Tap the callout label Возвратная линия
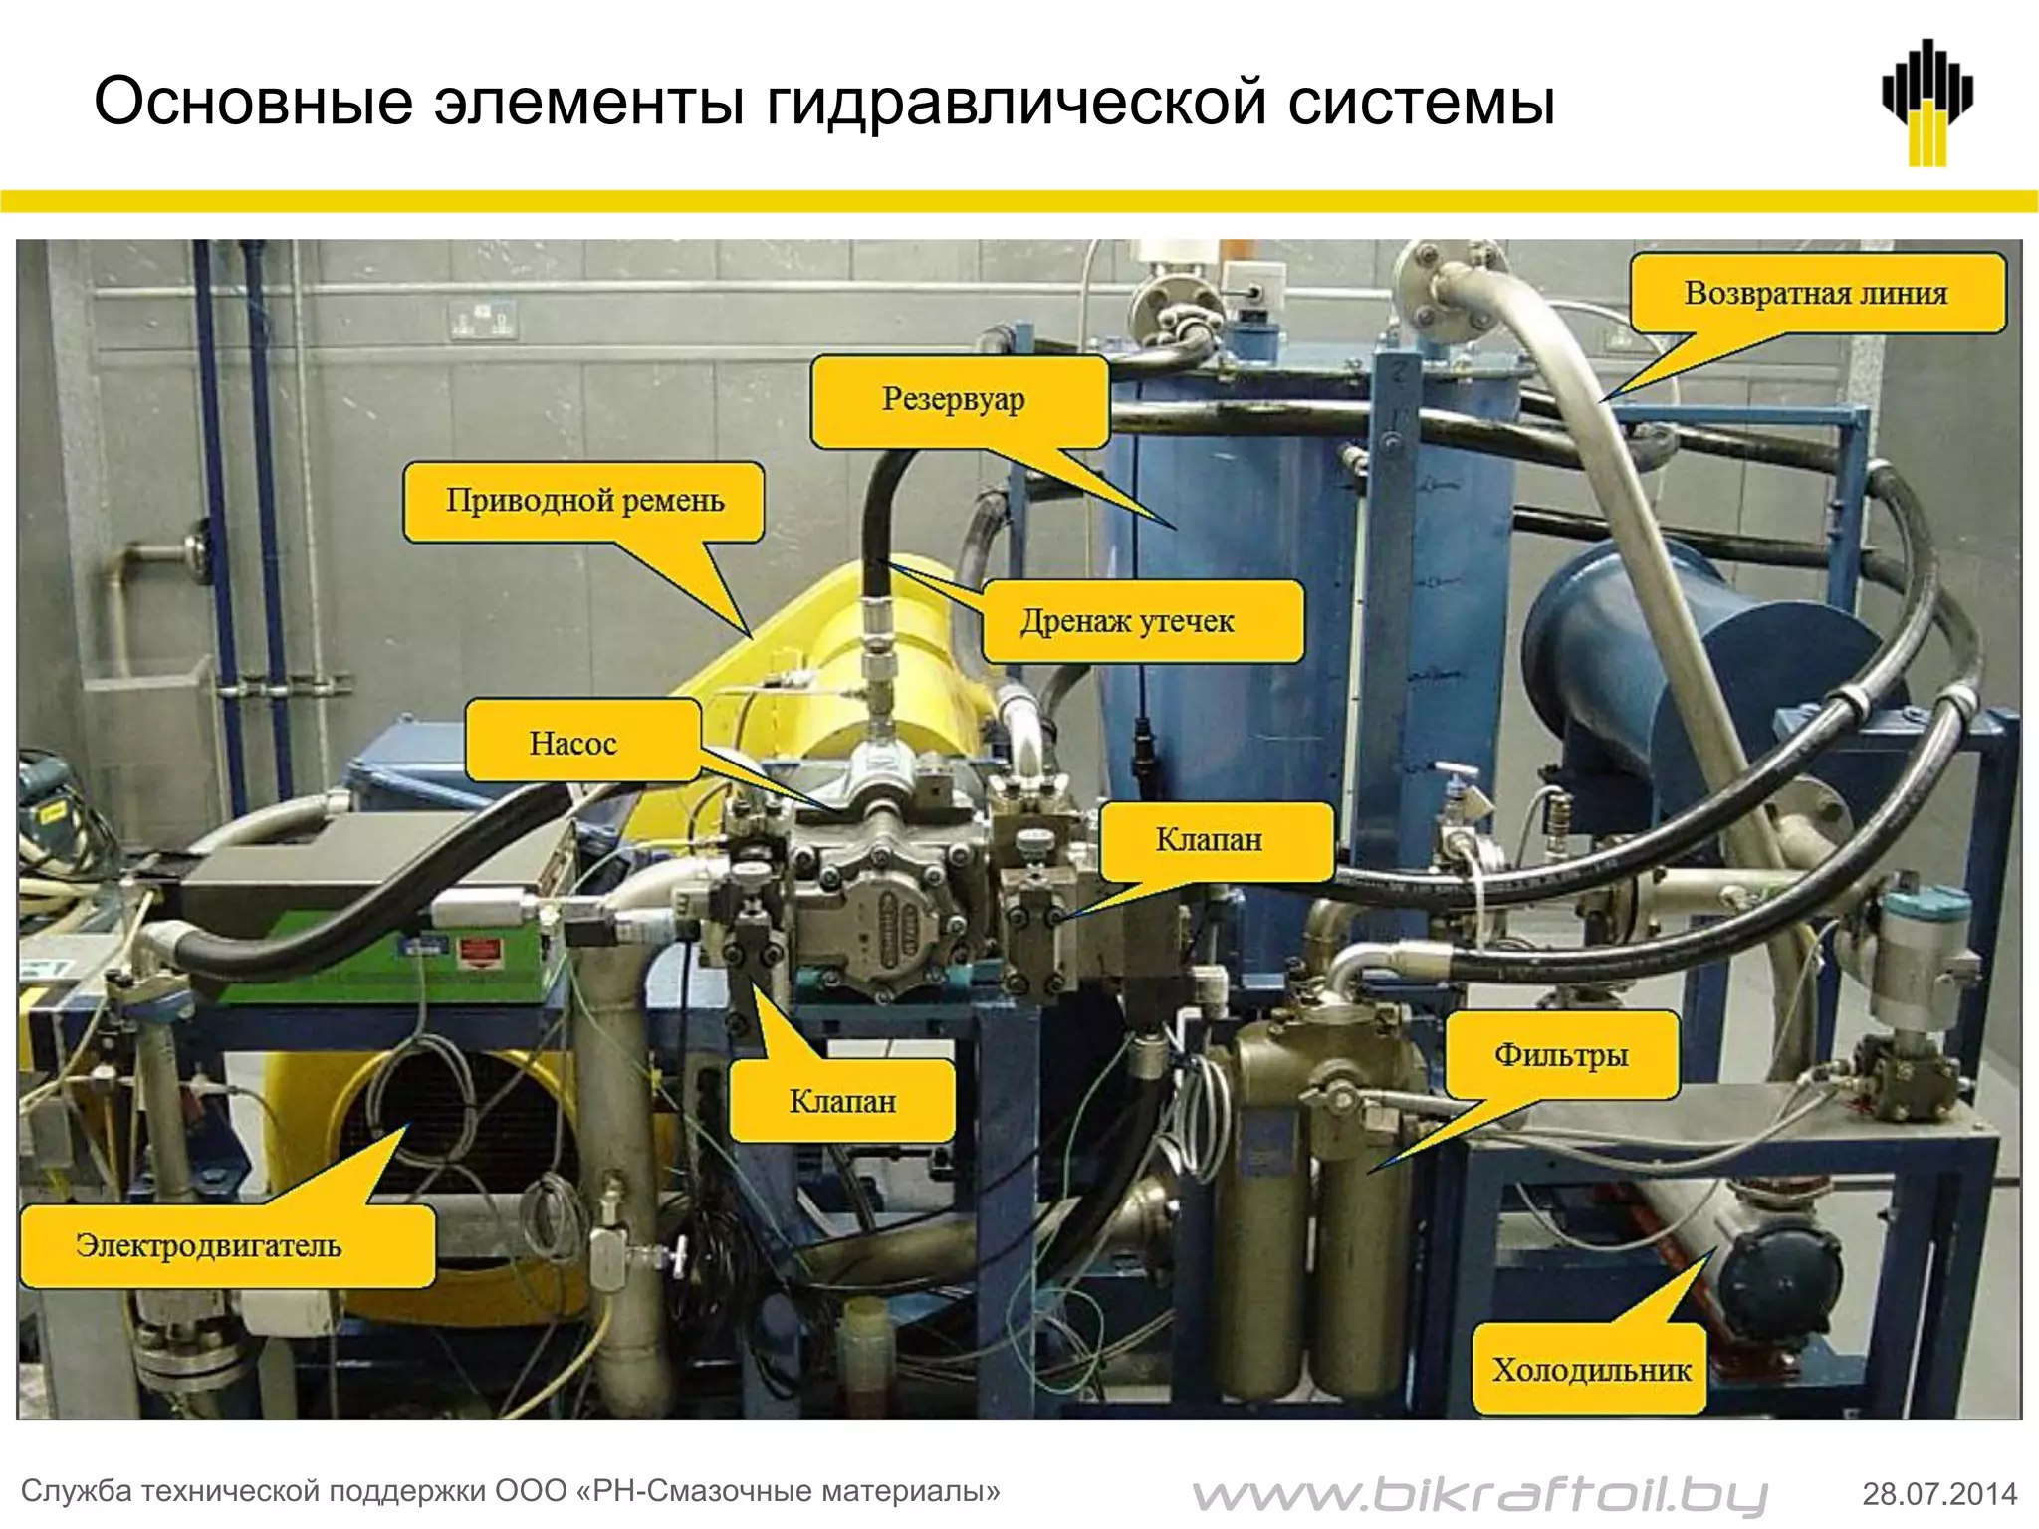pyautogui.click(x=1816, y=293)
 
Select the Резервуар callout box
pyautogui.click(x=954, y=400)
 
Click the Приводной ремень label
pyautogui.click(x=584, y=501)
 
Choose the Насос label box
pyautogui.click(x=573, y=743)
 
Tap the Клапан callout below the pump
pyautogui.click(x=842, y=1101)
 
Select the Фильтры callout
pyautogui.click(x=1560, y=1056)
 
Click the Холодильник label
pyautogui.click(x=1591, y=1371)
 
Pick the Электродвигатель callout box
pyautogui.click(x=209, y=1246)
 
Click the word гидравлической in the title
pyautogui.click(x=1016, y=103)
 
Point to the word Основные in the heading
pyautogui.click(x=253, y=103)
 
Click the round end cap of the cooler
pyautogui.click(x=1782, y=1284)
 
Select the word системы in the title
pyautogui.click(x=1421, y=103)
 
